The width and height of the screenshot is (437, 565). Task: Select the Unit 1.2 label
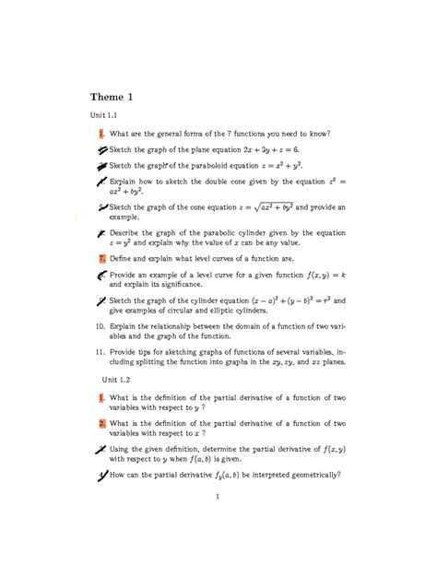tap(116, 379)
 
